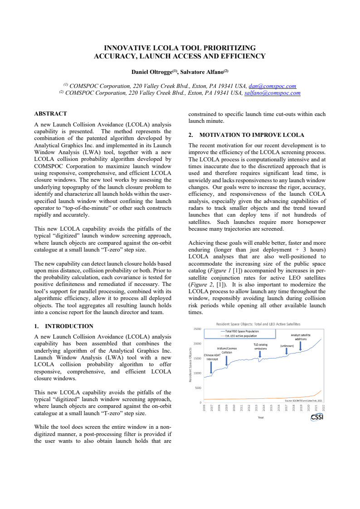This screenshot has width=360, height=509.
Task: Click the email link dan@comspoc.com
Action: click(272, 86)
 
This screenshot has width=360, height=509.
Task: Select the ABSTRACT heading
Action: click(50, 114)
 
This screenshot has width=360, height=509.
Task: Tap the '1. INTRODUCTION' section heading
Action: click(64, 326)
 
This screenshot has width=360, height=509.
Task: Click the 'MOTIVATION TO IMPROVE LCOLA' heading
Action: click(252, 135)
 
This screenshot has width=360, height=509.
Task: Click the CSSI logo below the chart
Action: click(316, 417)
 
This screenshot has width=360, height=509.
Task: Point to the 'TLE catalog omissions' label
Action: click(260, 346)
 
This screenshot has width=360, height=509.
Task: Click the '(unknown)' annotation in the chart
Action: click(287, 346)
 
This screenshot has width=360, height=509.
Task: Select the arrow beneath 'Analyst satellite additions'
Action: click(301, 346)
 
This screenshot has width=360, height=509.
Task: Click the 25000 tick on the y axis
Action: click(198, 329)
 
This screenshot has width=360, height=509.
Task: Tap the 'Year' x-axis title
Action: click(261, 417)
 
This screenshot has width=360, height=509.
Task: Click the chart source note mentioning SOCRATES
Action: click(303, 401)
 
